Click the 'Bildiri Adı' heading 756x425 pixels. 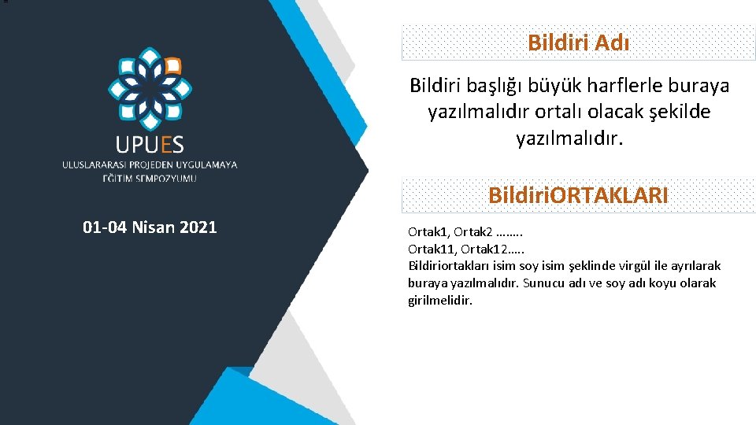[578, 42]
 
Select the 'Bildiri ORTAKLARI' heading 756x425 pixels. [578, 195]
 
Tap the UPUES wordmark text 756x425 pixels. [150, 144]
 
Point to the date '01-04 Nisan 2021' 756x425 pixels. [150, 228]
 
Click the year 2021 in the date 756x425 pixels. [198, 228]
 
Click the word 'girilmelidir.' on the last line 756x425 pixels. [440, 300]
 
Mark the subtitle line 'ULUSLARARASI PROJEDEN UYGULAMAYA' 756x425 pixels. [150, 164]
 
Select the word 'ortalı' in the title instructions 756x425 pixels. [563, 112]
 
